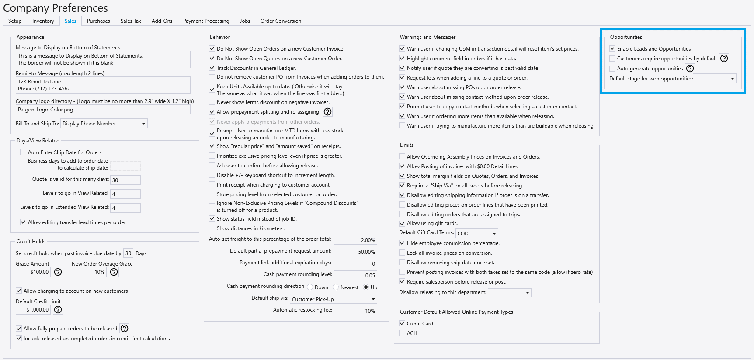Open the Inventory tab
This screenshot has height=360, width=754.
tap(43, 21)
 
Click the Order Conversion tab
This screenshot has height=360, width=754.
tap(281, 21)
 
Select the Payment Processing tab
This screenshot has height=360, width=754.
tap(206, 21)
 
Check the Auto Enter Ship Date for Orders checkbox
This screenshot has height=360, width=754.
tap(23, 152)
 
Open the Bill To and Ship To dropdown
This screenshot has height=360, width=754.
tap(104, 124)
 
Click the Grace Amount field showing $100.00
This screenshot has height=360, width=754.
tap(33, 272)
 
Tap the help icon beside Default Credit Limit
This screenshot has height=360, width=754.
tap(58, 310)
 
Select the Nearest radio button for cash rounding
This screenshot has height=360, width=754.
tap(336, 287)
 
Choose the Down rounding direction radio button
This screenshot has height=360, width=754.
tap(310, 287)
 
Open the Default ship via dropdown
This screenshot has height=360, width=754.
tap(333, 299)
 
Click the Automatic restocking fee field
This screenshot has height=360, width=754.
tap(354, 311)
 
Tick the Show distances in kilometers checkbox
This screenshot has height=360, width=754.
tap(212, 228)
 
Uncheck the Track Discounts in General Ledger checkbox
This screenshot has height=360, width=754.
tap(212, 68)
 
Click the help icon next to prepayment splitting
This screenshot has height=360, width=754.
tap(327, 112)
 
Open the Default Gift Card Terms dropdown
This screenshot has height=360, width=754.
tap(477, 234)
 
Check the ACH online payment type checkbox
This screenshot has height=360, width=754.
tap(402, 333)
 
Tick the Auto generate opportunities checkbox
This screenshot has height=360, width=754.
tap(612, 69)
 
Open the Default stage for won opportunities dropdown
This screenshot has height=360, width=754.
tap(715, 79)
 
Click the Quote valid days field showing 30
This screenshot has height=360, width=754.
tap(125, 180)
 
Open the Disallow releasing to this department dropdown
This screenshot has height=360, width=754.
tap(509, 293)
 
